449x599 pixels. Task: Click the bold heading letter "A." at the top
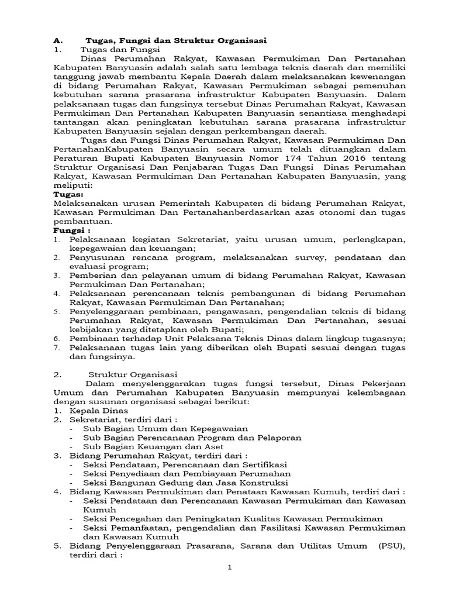57,40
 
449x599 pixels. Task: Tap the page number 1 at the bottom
230,567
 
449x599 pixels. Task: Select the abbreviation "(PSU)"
391,546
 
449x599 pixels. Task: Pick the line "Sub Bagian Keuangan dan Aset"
154,446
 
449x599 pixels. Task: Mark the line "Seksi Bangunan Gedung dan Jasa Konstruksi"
185,483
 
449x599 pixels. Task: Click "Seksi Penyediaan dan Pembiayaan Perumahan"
187,473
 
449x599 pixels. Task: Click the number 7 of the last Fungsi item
56,347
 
